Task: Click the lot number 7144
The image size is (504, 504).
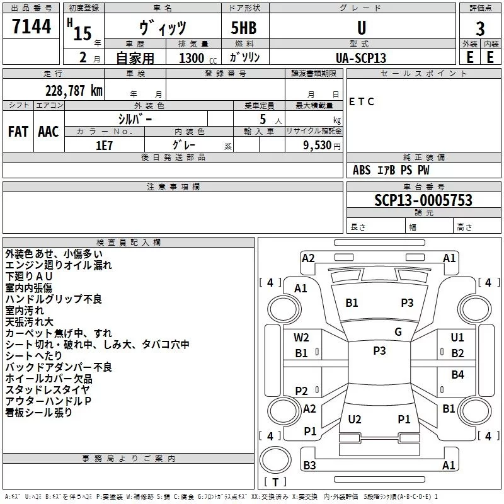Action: [31, 27]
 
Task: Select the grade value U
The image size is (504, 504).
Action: [361, 28]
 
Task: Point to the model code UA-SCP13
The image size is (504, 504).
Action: [361, 57]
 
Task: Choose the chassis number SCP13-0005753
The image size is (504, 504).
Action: [423, 200]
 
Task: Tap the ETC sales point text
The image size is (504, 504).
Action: [362, 101]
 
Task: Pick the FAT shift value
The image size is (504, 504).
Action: [18, 131]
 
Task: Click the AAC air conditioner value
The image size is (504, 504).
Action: [49, 131]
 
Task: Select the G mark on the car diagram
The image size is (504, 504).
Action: [398, 332]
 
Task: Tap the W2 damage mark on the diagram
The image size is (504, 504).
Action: [302, 338]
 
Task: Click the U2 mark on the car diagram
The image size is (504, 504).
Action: [355, 420]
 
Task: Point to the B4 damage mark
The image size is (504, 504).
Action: [457, 375]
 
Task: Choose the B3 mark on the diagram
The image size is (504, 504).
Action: [309, 466]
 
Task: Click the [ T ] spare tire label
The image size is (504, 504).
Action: [275, 483]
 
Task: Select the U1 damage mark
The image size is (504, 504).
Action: [457, 338]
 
